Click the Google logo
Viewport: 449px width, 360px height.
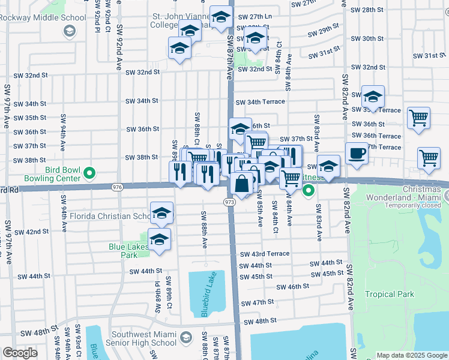point(20,353)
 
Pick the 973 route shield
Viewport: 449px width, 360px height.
point(229,203)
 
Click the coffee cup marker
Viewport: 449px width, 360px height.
point(357,153)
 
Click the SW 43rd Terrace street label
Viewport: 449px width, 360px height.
point(265,254)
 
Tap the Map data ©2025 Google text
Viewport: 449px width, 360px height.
point(411,355)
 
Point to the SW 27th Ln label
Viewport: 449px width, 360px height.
point(255,17)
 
